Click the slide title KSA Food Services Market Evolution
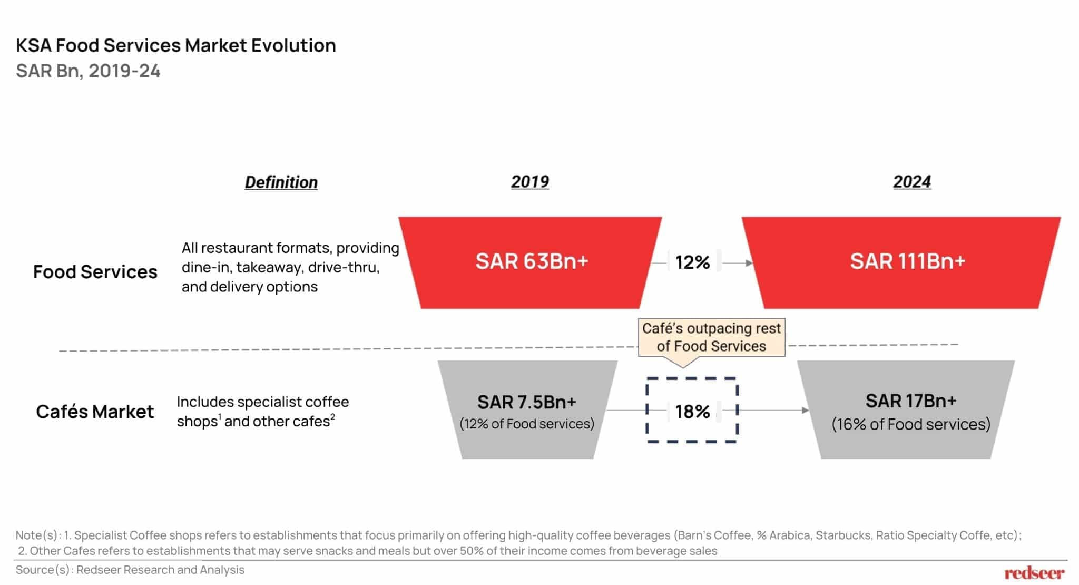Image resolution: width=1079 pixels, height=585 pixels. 175,45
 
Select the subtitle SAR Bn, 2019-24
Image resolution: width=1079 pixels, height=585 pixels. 88,71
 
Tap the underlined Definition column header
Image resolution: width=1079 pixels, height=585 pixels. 281,182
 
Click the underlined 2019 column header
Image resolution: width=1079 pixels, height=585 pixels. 529,182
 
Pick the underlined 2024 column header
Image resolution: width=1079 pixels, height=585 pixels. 911,182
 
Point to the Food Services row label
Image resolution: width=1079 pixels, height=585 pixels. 95,272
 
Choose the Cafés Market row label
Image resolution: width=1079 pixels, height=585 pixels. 95,412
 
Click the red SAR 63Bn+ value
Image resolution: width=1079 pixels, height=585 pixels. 531,261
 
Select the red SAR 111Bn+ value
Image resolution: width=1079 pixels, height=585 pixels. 907,261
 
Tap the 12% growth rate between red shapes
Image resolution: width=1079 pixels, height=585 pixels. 692,262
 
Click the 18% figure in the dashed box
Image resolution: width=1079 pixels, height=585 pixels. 692,412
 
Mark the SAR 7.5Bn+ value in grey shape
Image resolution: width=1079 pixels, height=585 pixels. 527,402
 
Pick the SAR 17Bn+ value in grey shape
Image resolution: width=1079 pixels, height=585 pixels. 910,401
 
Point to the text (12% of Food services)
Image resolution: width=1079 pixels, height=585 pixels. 527,424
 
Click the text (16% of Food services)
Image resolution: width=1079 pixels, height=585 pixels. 910,424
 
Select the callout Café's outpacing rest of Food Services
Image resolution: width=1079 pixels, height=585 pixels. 711,337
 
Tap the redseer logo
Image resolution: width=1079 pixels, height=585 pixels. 1034,573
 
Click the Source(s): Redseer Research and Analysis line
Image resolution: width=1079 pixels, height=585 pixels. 130,570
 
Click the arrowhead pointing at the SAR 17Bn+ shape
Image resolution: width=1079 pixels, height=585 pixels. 806,410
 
